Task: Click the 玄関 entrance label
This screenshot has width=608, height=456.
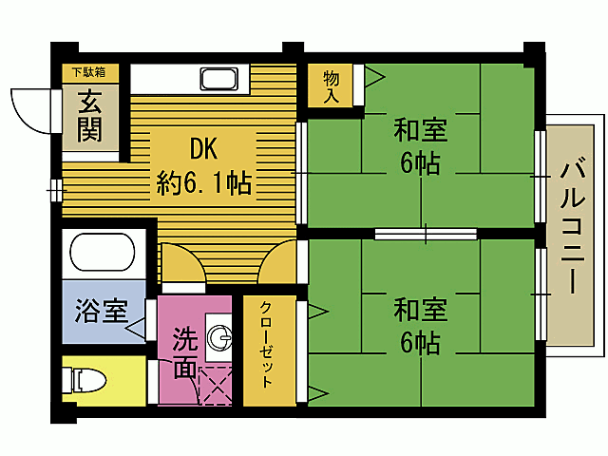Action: point(91,115)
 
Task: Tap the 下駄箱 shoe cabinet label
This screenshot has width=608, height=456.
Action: point(91,71)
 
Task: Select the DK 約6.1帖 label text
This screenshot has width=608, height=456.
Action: point(204,165)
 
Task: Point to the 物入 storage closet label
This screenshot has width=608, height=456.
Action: point(332,85)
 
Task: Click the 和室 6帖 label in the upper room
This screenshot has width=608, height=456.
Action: point(420,145)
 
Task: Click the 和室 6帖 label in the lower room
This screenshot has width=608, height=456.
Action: point(420,326)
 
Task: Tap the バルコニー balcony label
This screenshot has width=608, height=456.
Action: point(573,227)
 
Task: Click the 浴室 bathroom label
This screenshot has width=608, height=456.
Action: point(99,311)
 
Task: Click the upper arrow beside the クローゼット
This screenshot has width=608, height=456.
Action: point(314,310)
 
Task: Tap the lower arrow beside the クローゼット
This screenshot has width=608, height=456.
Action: point(314,391)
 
